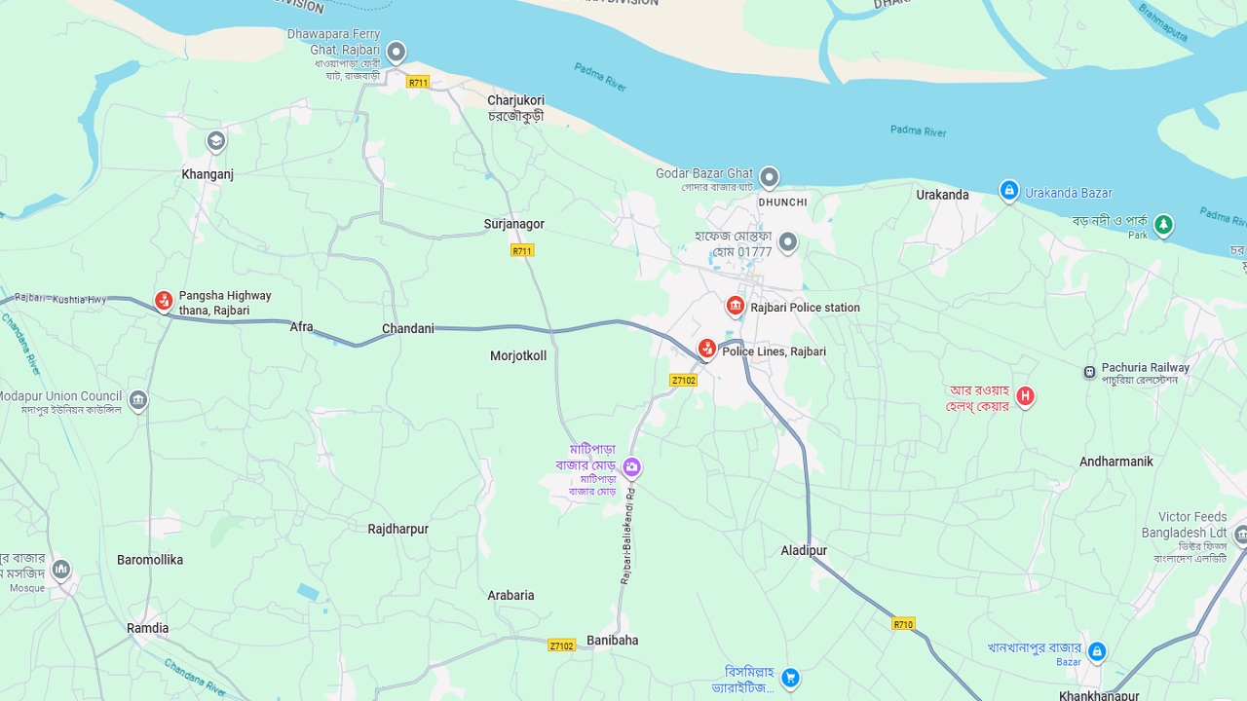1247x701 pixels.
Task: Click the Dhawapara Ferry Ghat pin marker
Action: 396,52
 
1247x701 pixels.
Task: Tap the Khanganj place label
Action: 208,174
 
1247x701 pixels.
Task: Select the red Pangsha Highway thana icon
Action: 164,301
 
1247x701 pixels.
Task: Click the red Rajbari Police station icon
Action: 736,307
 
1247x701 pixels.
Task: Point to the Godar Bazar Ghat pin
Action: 770,177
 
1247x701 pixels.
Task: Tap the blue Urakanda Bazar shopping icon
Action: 1009,190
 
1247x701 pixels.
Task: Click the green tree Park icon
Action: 1163,225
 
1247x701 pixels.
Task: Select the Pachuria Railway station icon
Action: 1089,372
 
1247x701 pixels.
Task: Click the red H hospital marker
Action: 1025,395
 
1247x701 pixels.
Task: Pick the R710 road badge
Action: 903,624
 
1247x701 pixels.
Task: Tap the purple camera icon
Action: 632,468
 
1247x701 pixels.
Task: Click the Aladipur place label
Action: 804,550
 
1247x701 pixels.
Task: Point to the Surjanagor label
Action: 514,224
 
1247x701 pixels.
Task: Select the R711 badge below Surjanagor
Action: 522,250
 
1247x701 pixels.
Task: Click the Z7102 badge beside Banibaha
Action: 561,646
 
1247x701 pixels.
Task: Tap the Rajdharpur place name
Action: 397,529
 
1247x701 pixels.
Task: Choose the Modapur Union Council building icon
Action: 138,400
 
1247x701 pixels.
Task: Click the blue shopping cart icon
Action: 791,677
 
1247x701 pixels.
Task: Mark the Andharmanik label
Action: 1116,461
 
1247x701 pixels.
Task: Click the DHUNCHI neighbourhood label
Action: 783,203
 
